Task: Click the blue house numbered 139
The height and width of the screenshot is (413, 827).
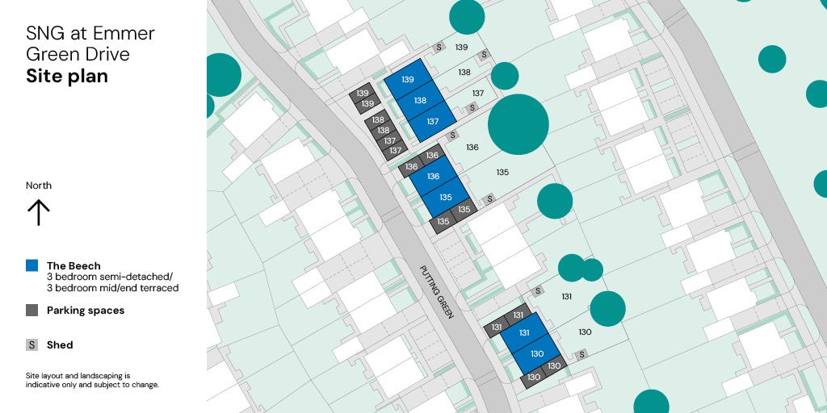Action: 408,79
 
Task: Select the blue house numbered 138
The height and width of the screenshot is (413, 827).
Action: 420,101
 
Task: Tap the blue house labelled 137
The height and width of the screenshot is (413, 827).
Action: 432,122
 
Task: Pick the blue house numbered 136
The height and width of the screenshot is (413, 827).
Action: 433,176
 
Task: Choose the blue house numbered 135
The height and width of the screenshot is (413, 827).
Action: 445,197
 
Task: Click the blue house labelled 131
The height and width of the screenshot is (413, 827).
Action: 523,332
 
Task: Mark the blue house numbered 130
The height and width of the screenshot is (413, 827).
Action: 537,353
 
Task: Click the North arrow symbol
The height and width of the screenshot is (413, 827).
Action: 39,212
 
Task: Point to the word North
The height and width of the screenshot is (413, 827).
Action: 39,186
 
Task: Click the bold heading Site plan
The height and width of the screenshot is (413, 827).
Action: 66,77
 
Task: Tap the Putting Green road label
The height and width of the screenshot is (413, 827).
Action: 437,292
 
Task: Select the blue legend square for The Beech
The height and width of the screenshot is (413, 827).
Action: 32,265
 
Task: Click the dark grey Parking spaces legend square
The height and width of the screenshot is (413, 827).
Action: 32,310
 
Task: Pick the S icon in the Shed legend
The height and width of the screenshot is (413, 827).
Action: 32,344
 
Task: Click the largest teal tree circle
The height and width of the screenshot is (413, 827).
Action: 518,124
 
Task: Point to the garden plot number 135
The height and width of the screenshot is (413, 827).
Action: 502,172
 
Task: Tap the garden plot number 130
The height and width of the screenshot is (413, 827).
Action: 585,332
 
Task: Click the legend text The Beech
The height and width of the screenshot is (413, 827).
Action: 73,265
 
